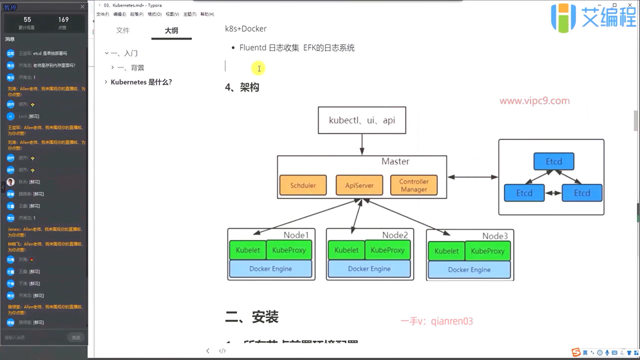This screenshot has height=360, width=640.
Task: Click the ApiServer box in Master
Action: pos(359,185)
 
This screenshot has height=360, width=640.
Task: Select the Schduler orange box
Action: pos(303,185)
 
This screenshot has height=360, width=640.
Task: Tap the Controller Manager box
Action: pos(414,185)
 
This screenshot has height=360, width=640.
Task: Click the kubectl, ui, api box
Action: pos(362,120)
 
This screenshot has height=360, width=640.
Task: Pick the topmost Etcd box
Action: pos(554,162)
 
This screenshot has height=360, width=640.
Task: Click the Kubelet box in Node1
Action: pos(248,250)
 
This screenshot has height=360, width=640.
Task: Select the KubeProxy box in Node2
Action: pos(387,250)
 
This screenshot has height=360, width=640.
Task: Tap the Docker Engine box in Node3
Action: pos(469,270)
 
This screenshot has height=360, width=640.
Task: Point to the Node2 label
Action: pos(395,235)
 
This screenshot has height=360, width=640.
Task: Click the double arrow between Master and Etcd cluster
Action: pos(472,177)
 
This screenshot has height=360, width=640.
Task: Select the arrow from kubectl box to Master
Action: pos(362,144)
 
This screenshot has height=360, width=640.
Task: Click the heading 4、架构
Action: pos(242,87)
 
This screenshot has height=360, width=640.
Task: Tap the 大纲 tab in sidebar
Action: pos(171,31)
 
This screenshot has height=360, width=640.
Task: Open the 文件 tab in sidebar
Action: pos(123,31)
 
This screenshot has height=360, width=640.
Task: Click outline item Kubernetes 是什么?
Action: pos(141,82)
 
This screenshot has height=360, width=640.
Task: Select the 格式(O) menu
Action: pos(154,14)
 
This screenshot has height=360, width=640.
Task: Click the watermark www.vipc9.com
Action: pos(535,101)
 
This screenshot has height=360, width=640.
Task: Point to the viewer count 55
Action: pos(27,20)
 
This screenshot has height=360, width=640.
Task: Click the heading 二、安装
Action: pos(252,317)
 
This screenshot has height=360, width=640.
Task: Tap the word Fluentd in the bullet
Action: pos(253,48)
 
